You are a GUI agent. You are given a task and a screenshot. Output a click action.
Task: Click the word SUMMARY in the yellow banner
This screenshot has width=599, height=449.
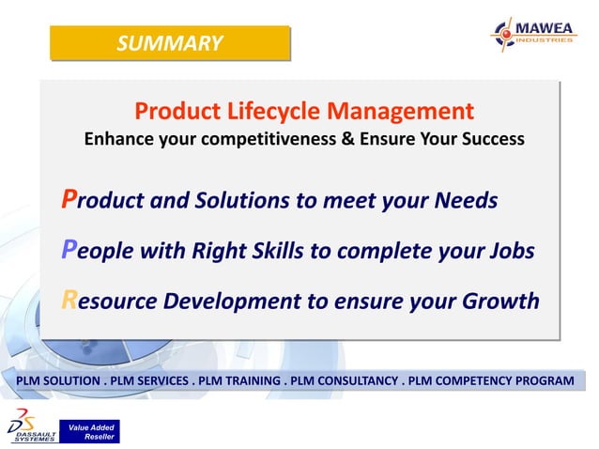coord(170,43)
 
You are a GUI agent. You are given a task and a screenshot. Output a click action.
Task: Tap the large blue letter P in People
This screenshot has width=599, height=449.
coord(69,250)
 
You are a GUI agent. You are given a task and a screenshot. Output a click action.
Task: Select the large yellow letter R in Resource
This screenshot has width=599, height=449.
coord(69,301)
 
